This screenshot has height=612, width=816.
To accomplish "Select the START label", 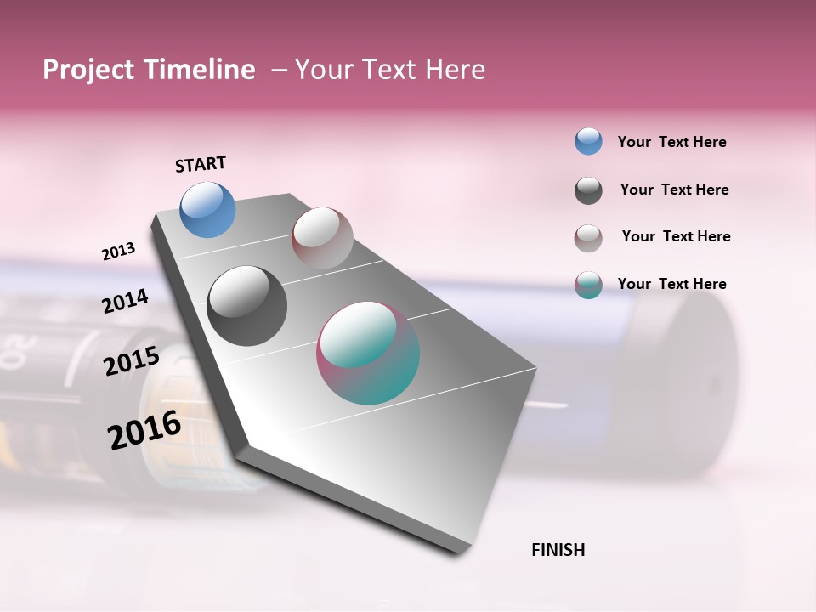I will [201, 164].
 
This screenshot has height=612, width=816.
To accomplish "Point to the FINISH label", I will [558, 550].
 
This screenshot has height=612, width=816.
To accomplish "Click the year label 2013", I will [118, 252].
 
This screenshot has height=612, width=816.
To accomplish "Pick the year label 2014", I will [125, 302].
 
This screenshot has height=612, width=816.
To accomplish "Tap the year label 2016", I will [144, 430].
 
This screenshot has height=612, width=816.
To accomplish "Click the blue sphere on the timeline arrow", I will [207, 209].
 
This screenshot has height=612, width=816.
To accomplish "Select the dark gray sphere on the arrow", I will [246, 306].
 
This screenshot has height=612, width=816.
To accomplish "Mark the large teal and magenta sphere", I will [368, 353].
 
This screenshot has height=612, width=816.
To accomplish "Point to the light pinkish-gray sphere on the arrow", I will [322, 237].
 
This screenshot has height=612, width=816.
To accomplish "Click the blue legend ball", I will [588, 141].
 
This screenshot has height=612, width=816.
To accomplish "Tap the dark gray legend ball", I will [588, 190].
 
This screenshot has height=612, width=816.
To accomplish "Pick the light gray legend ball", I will [588, 238].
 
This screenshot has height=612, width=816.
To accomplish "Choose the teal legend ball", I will [588, 285].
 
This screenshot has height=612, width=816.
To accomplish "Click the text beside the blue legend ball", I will [671, 142].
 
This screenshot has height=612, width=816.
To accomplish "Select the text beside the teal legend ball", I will [671, 284].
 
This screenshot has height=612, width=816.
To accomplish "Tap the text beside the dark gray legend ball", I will [674, 190].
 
